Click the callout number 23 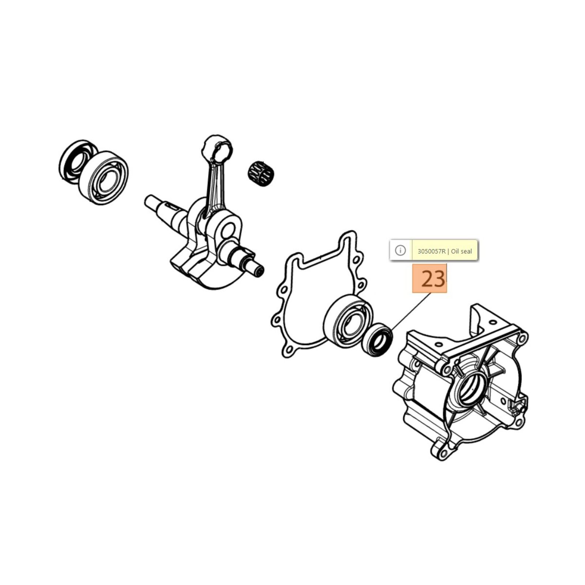click(433, 279)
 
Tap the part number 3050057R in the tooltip click(432, 251)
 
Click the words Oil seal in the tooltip click(461, 251)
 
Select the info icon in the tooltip click(401, 250)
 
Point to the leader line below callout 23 click(411, 312)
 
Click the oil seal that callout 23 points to click(377, 340)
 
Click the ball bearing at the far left click(103, 178)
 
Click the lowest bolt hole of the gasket click(289, 350)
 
